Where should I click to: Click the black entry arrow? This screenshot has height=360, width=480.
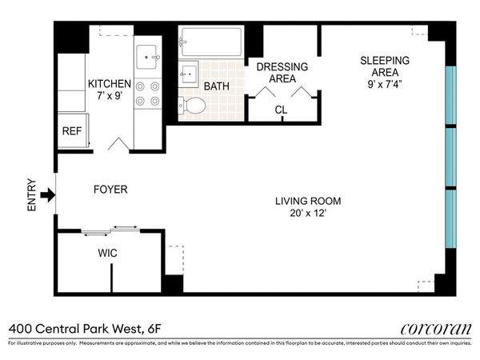coord(48,194)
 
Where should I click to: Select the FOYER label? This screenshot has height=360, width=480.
coord(110,190)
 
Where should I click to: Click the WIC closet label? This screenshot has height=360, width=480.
coord(108,253)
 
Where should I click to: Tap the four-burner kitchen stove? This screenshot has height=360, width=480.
coord(147,94)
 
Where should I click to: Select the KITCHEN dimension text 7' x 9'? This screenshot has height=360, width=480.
coord(108,97)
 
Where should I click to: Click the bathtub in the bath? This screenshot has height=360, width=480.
coord(211,42)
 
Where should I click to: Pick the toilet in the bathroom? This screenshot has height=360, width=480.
coord(193,105)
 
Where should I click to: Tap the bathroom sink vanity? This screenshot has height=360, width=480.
coord(188,74)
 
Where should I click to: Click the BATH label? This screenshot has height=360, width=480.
coord(217,86)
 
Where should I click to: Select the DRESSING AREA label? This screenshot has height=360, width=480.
coord(277,73)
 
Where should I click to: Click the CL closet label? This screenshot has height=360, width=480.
coord(281,110)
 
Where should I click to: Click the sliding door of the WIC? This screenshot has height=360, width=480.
coord(110,231)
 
